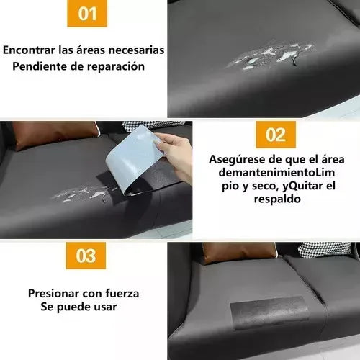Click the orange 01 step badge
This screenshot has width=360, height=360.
[x=87, y=13]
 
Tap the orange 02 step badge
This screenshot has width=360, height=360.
[x=276, y=135]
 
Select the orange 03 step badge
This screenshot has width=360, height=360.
[x=86, y=256]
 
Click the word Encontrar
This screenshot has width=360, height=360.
[x=29, y=50]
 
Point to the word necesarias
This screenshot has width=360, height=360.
[x=136, y=50]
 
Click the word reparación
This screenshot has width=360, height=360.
[x=116, y=67]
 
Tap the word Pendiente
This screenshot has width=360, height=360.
[x=39, y=66]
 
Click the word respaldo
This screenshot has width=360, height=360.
[x=277, y=199]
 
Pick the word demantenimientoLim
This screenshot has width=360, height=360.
[x=276, y=173]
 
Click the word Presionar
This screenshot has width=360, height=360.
[x=54, y=294]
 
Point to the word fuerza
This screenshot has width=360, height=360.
[x=122, y=294]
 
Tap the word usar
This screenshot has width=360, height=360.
[x=105, y=307]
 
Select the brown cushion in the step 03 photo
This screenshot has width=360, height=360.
[x=239, y=253]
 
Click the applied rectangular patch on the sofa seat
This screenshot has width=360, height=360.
[x=269, y=312]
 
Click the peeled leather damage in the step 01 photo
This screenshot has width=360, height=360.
[x=270, y=57]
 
